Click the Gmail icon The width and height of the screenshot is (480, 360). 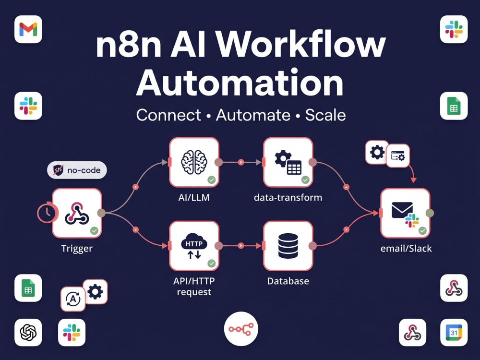tap(28, 29)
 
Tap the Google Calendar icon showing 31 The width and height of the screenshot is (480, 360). tap(454, 333)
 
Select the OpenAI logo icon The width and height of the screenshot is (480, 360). tap(28, 333)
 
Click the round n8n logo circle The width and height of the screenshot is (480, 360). tap(241, 329)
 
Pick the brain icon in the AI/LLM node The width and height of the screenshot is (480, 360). tap(194, 162)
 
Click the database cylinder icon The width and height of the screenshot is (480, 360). tap(288, 246)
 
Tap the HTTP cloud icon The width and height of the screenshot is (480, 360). tap(194, 245)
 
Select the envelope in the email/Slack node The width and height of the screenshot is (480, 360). tap(402, 210)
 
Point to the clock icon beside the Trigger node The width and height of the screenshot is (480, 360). tap(47, 213)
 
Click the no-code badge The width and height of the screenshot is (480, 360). tap(77, 170)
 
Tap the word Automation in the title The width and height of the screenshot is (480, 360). tap(240, 83)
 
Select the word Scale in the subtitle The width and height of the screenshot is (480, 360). tap(325, 115)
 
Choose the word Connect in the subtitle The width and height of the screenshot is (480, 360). tap(168, 115)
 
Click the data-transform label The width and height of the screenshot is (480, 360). tap(288, 197)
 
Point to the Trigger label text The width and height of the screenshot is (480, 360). tap(77, 248)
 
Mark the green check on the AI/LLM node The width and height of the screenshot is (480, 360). tap(212, 180)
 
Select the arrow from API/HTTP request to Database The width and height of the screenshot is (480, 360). tap(241, 245)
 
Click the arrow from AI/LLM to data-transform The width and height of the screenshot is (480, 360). tap(241, 162)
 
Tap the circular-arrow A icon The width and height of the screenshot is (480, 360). tap(73, 299)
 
